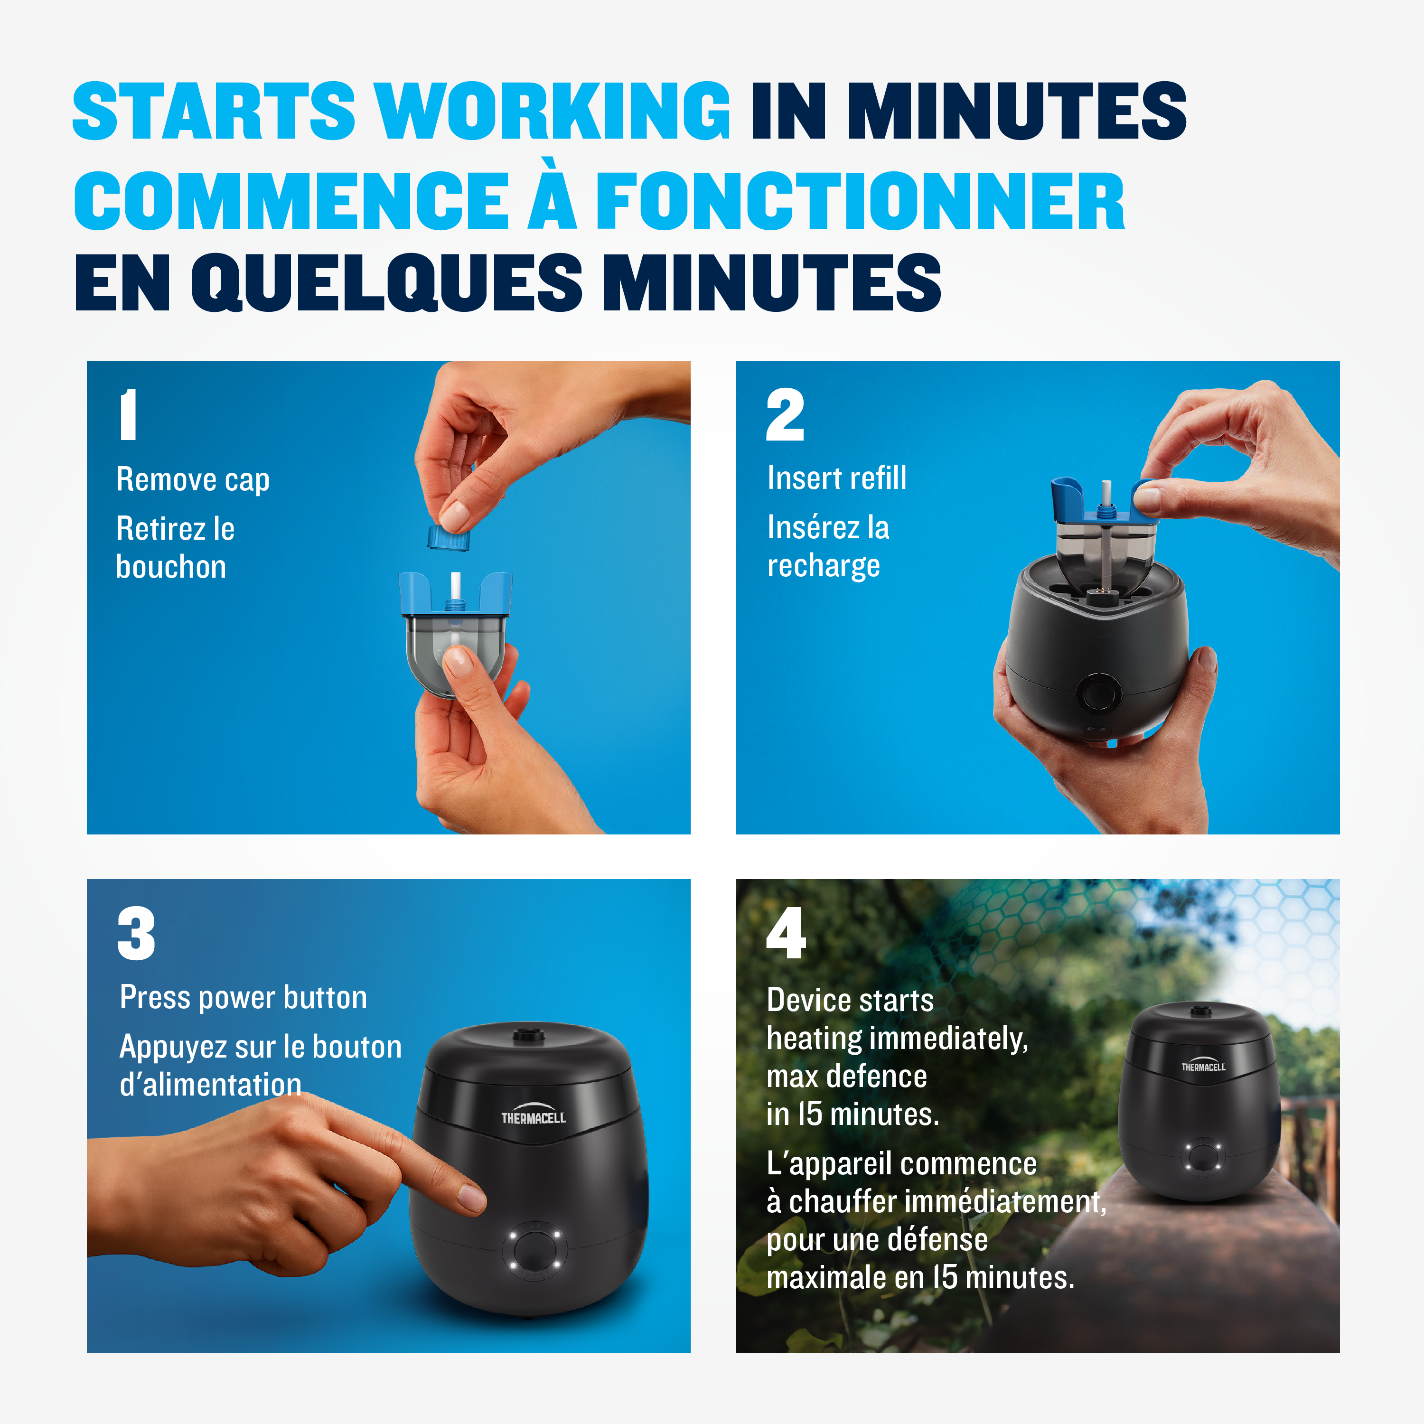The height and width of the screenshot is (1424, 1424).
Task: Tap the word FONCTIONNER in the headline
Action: coord(860,200)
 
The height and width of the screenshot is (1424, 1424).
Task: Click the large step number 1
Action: coord(128,414)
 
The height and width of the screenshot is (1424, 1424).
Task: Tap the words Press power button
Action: coord(243,998)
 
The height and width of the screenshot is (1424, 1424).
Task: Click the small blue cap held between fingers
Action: coord(449,537)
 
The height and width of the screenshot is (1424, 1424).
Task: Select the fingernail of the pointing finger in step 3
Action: coord(471,1197)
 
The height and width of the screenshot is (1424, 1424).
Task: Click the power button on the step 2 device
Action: coord(1098,693)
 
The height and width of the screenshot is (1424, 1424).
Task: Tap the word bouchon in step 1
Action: coord(171,567)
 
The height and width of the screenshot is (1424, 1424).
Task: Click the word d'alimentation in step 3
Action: coord(210,1084)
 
